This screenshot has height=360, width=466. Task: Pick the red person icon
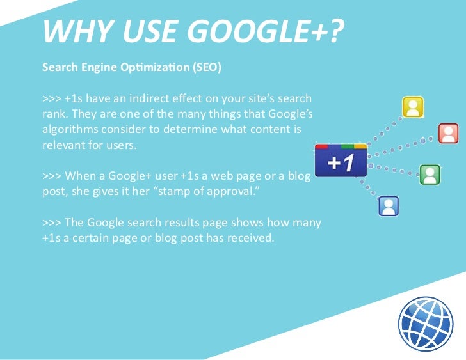448,133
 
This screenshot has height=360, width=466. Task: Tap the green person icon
429,174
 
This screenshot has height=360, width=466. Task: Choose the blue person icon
389,205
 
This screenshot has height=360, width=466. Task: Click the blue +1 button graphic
341,162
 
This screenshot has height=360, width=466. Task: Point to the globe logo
425,323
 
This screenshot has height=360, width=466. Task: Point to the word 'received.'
251,238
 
